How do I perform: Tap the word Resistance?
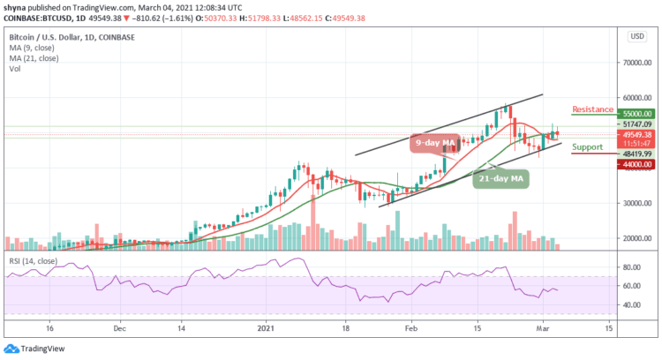pos(592,109)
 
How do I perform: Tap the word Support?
pos(587,146)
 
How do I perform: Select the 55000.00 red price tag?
pos(636,114)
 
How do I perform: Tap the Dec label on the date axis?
pos(120,326)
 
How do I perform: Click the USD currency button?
pos(634,35)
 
